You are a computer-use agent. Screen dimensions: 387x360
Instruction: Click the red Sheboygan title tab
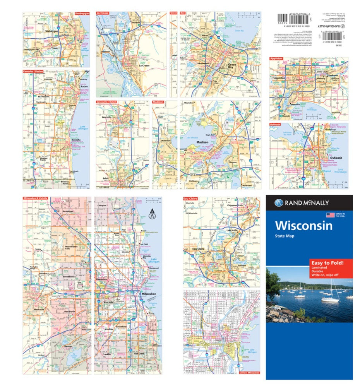pyautogui.click(x=82, y=13)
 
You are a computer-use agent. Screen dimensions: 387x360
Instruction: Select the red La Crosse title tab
pyautogui.click(x=103, y=13)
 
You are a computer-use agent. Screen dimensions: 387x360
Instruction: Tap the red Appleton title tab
pyautogui.click(x=277, y=58)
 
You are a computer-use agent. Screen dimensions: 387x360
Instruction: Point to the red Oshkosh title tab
pyautogui.click(x=276, y=125)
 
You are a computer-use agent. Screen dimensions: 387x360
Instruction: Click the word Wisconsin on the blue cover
pyautogui.click(x=303, y=225)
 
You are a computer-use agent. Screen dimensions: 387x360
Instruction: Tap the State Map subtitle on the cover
pyautogui.click(x=286, y=236)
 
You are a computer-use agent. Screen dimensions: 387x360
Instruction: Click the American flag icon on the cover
pyautogui.click(x=330, y=215)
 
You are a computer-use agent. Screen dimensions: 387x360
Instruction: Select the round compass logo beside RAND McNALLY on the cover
pyautogui.click(x=279, y=203)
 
